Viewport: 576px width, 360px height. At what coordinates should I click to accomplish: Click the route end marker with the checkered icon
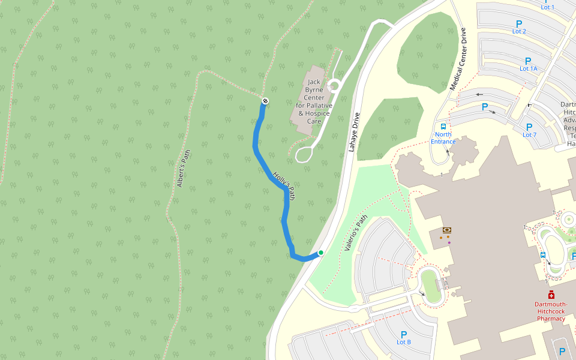coord(265,101)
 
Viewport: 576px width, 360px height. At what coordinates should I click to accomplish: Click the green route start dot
coord(321,253)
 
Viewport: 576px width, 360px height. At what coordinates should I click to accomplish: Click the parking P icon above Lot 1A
coord(528,61)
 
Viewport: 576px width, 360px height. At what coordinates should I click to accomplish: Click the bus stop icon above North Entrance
coord(443,127)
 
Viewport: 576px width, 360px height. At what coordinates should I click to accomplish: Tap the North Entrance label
coord(443,138)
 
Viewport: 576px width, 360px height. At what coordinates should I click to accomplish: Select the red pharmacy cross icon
coord(551,295)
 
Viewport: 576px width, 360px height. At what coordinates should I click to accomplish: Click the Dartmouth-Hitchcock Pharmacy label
coord(551,311)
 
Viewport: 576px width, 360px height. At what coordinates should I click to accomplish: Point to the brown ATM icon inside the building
coord(446,230)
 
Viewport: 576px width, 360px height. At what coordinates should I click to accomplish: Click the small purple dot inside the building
coord(449,242)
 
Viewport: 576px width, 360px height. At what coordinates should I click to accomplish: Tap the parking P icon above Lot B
coord(404,334)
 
